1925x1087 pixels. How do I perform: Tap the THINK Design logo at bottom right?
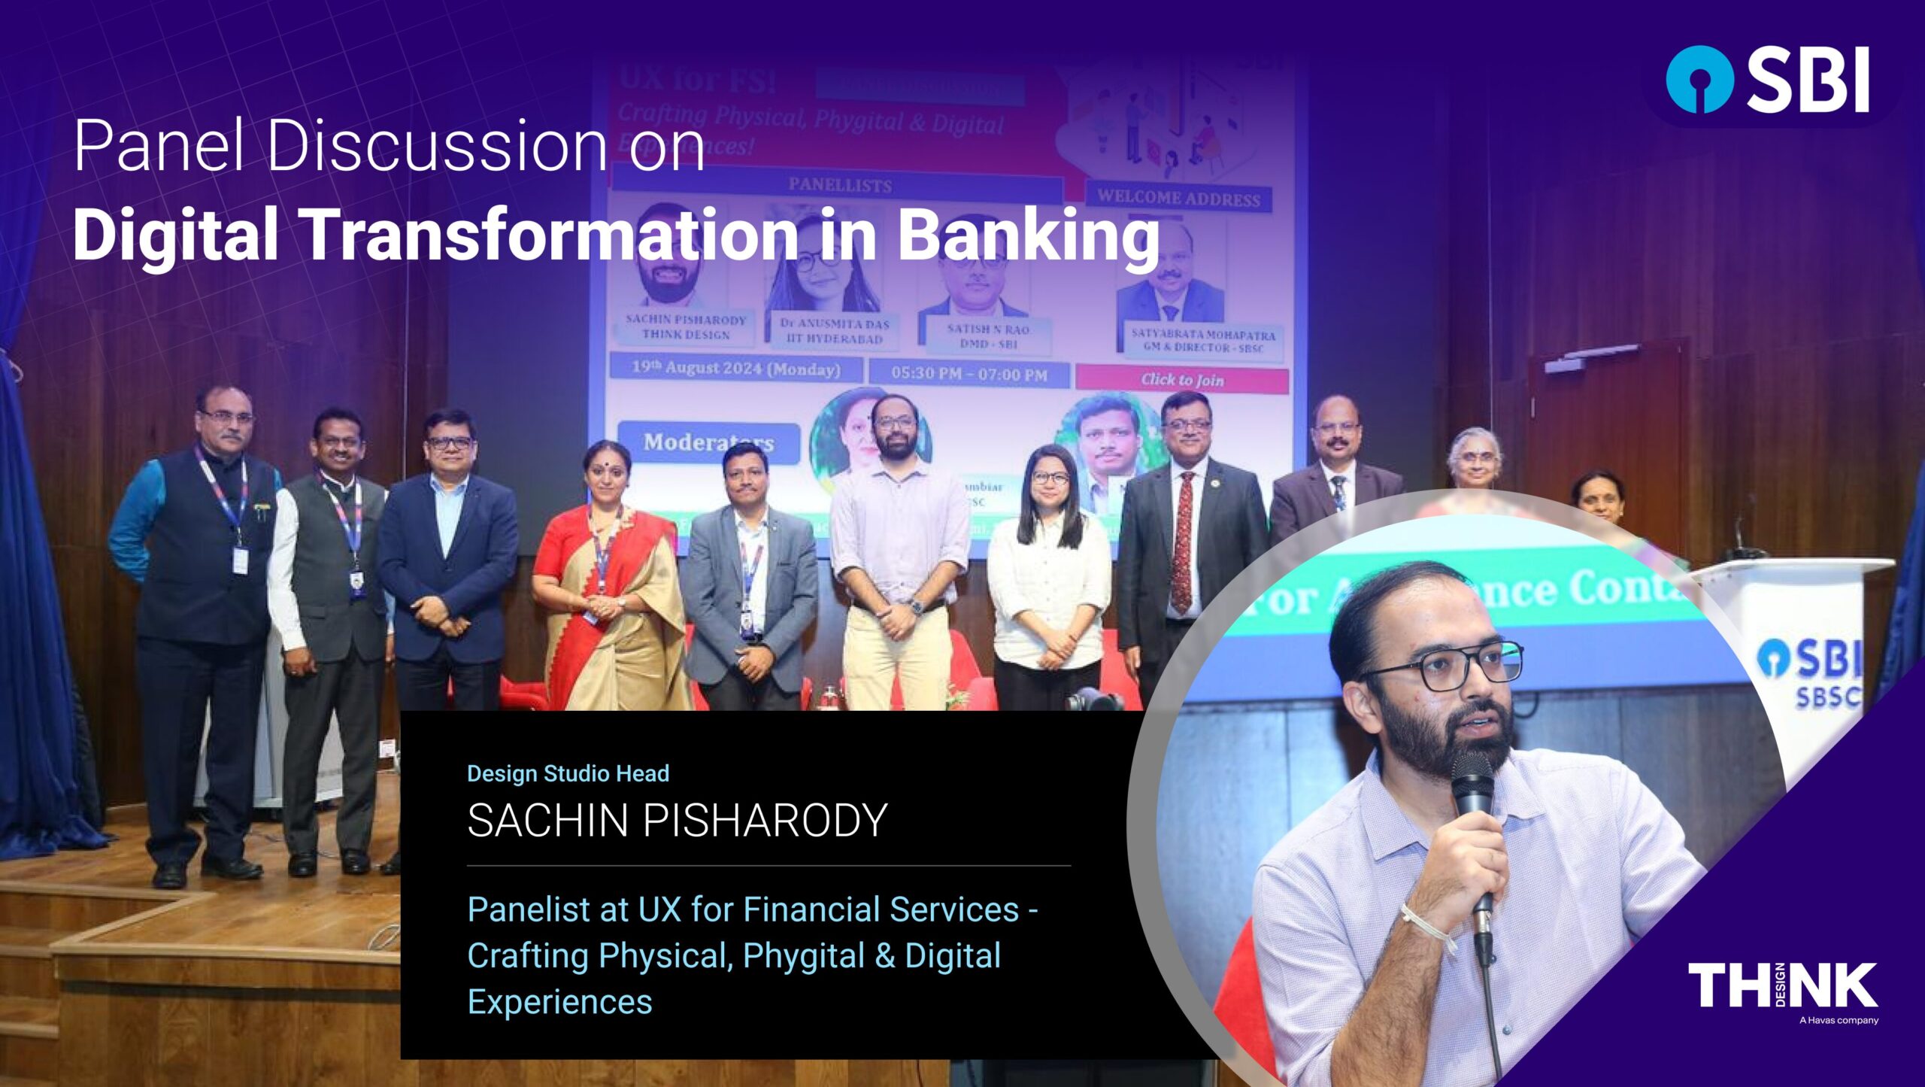point(1782,985)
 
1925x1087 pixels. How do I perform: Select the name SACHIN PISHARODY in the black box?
point(677,820)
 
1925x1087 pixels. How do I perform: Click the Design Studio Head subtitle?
point(568,773)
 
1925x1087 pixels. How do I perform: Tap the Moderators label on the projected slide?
point(707,442)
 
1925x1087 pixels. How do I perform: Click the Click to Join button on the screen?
point(1182,380)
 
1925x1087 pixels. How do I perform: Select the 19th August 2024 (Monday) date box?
point(735,369)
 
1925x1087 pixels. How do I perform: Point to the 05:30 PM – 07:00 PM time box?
point(969,374)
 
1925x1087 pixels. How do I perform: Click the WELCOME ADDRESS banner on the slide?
point(1178,199)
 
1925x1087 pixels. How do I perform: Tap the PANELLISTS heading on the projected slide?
point(839,185)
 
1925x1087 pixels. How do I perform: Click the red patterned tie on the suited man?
point(1183,542)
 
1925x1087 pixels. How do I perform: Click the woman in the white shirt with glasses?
point(1050,572)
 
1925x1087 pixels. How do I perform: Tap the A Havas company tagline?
point(1839,1021)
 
